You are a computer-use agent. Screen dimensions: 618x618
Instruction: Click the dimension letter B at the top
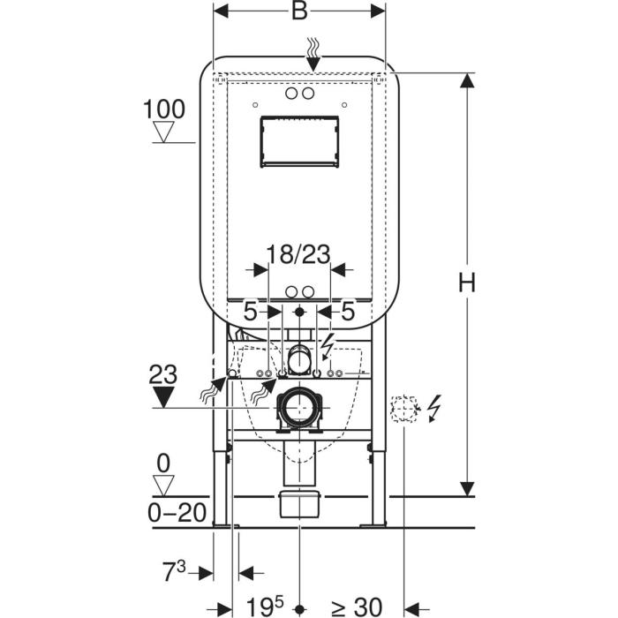coord(299,11)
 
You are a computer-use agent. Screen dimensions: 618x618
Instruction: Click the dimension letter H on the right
coord(467,283)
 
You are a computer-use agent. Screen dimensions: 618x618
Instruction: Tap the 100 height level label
coord(164,109)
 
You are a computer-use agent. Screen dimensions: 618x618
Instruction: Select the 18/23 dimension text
coord(298,254)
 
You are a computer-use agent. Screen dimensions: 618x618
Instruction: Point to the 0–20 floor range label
coord(177,513)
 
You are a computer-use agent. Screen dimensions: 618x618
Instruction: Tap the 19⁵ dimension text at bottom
coord(265,607)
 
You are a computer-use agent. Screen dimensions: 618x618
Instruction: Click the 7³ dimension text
coord(174,571)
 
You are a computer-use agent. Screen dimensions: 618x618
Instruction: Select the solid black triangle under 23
coord(163,397)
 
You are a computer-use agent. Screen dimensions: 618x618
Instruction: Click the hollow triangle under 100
coord(163,132)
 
